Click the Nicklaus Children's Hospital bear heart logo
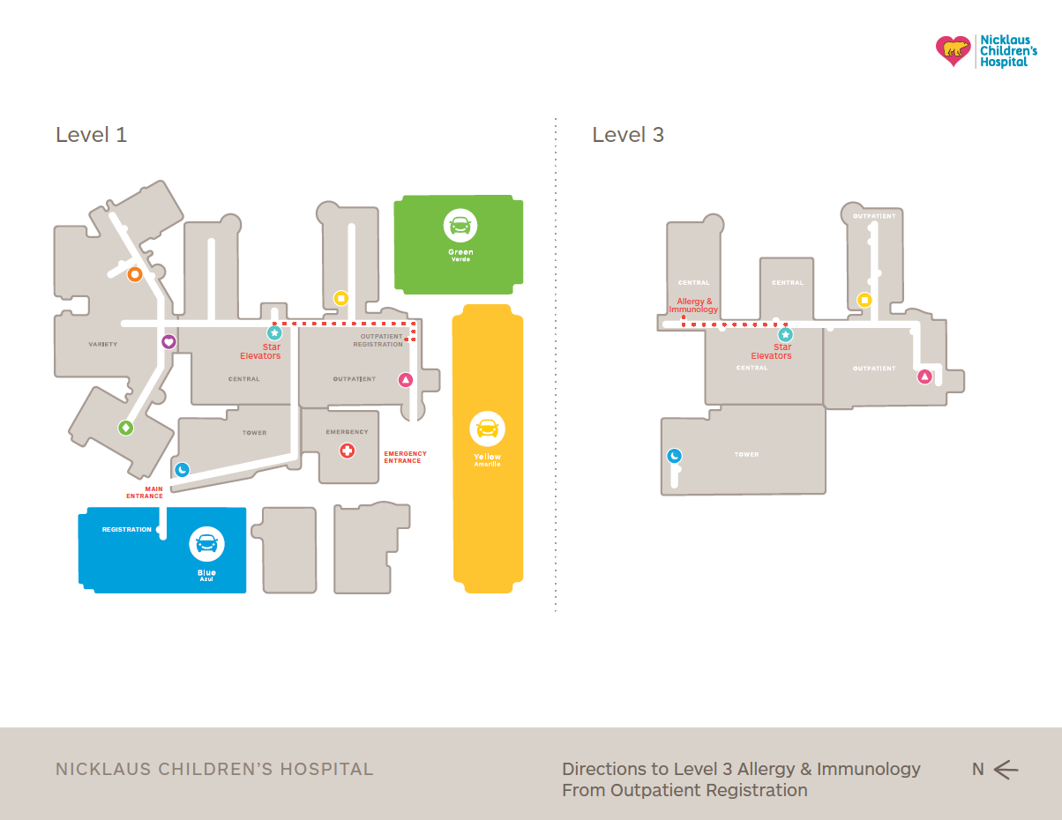pos(953,51)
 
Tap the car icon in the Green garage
pos(460,226)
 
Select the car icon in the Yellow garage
pos(487,429)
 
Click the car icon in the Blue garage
pos(206,543)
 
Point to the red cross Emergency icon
pos(348,451)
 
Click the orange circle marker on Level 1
pos(135,274)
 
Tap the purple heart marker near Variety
pos(168,341)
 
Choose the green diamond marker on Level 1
pos(126,428)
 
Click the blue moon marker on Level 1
pos(182,469)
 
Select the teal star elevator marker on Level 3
pos(785,334)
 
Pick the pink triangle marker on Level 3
pos(924,376)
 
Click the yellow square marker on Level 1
pos(340,298)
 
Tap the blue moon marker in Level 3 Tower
pos(674,456)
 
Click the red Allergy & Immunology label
pos(693,306)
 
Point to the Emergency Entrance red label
pos(405,457)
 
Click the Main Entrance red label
pos(145,492)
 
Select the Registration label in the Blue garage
pos(126,530)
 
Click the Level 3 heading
pos(628,135)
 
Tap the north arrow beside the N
pos(1006,770)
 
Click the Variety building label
pos(102,344)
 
